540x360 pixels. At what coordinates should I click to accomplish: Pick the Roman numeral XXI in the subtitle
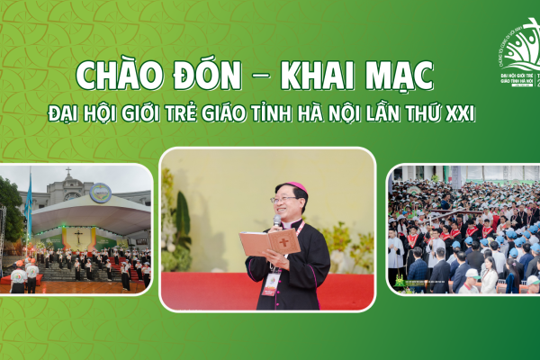[x=461, y=116]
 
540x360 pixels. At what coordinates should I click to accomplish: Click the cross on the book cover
[x=283, y=240]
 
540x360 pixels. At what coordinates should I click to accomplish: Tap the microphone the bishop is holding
[x=276, y=220]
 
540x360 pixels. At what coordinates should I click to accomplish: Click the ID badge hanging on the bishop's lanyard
[x=271, y=281]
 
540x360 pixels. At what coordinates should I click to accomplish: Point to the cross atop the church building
[x=67, y=171]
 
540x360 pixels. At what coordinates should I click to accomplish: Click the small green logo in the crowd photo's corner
[x=400, y=282]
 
